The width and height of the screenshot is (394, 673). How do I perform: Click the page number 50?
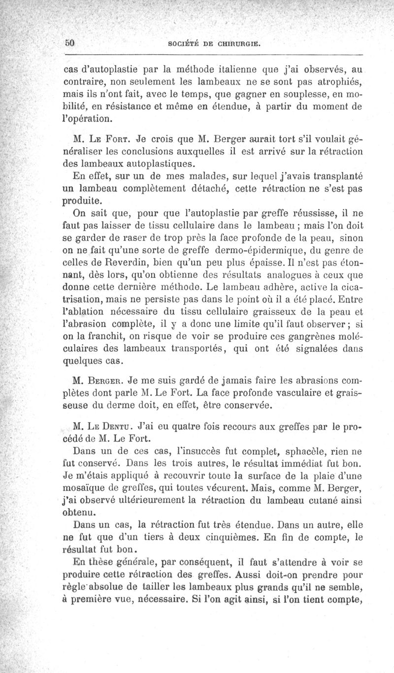(70, 43)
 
